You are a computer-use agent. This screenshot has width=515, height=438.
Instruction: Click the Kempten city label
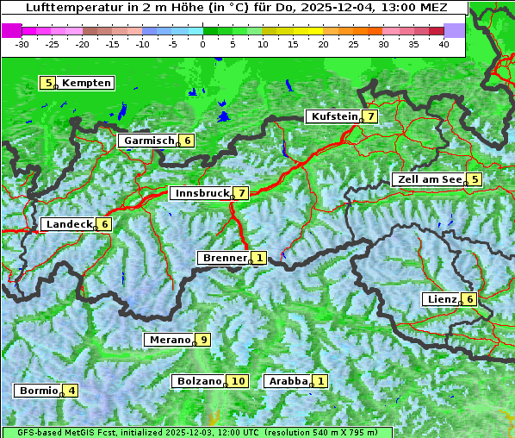pyautogui.click(x=86, y=83)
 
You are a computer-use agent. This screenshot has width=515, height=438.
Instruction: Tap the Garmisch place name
pyautogui.click(x=149, y=141)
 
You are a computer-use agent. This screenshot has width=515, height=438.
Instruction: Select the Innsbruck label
pyautogui.click(x=202, y=193)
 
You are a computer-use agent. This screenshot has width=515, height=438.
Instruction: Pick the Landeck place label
pyautogui.click(x=69, y=224)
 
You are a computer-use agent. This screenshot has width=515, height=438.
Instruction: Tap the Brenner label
pyautogui.click(x=224, y=258)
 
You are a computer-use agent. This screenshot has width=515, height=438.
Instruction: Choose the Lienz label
pyautogui.click(x=441, y=299)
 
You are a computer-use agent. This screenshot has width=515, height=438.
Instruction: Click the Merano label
pyautogui.click(x=169, y=340)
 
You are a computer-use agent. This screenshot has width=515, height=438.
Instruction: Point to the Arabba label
pyautogui.click(x=288, y=381)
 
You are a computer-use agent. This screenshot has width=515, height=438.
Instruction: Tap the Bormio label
pyautogui.click(x=39, y=391)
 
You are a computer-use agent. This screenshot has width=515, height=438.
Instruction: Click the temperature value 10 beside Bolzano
pyautogui.click(x=239, y=381)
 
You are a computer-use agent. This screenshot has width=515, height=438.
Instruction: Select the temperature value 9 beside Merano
pyautogui.click(x=203, y=340)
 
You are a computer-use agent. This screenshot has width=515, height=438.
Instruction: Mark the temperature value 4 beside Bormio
pyautogui.click(x=72, y=391)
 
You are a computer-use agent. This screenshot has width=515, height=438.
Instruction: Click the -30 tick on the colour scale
pyautogui.click(x=22, y=43)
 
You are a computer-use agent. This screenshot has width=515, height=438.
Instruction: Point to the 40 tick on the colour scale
pyautogui.click(x=444, y=43)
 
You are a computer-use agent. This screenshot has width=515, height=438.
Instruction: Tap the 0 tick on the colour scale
pyautogui.click(x=202, y=43)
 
